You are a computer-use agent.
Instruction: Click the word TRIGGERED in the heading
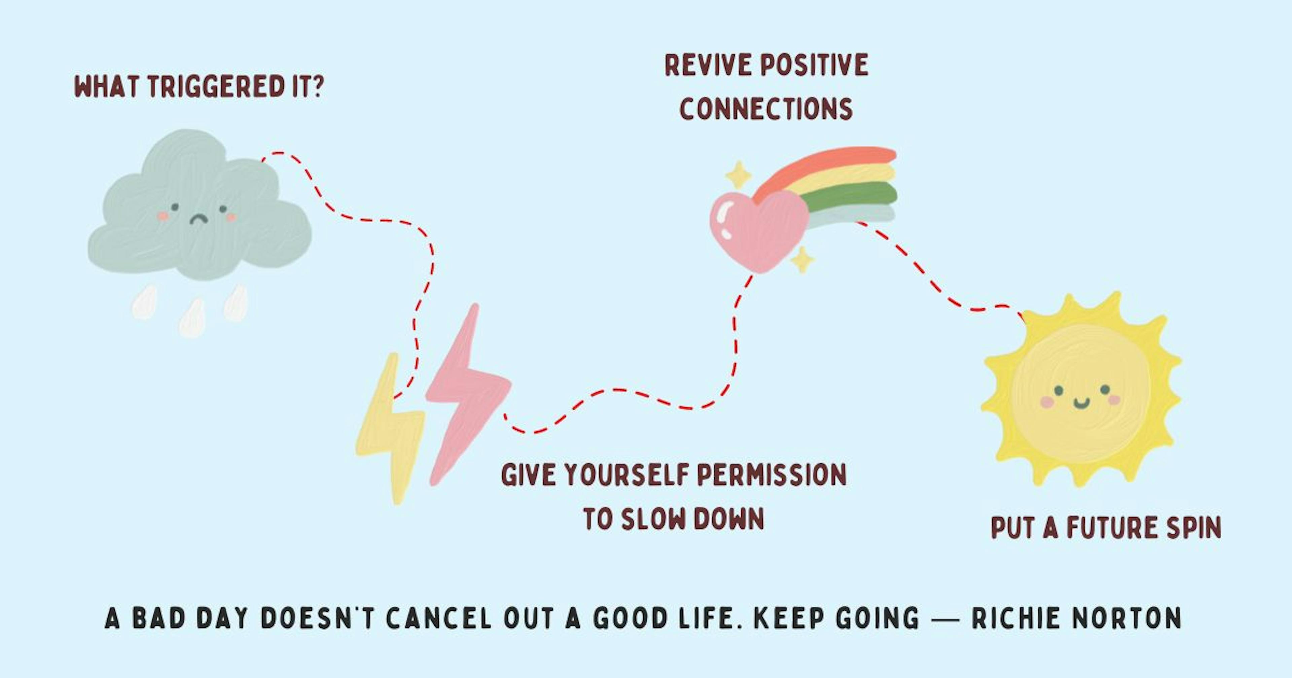pos(216,87)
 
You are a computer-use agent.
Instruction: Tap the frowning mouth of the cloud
pos(199,219)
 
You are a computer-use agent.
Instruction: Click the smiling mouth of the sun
pos(1082,403)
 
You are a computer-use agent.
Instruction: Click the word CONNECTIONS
pos(766,109)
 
